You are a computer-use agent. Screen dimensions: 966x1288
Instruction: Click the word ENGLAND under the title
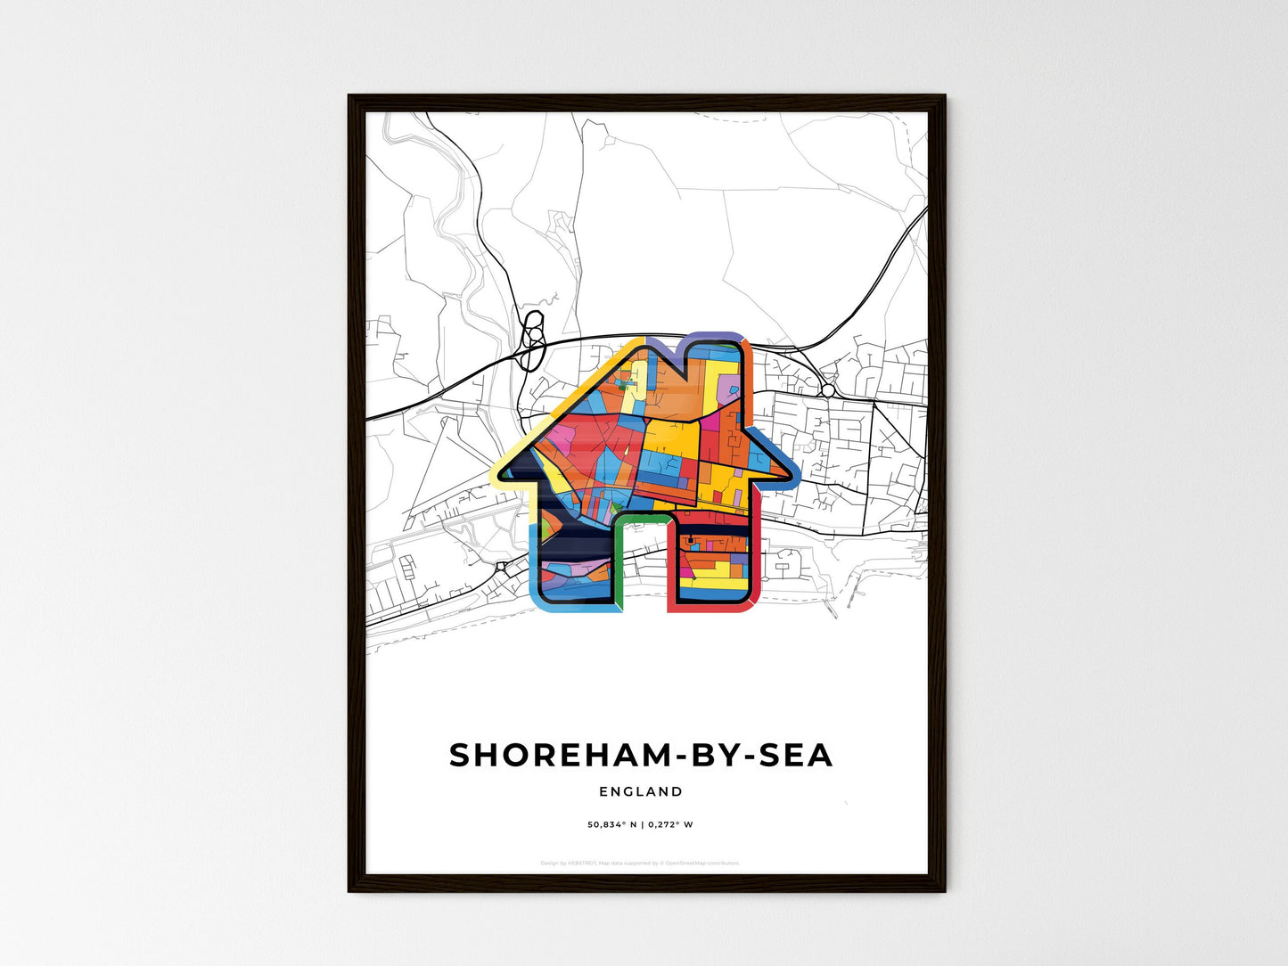pos(641,791)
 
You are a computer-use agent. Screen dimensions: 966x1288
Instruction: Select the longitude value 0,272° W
pos(669,824)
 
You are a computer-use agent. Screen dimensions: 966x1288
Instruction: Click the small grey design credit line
pos(640,863)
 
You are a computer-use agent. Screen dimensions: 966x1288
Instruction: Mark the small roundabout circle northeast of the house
pos(828,390)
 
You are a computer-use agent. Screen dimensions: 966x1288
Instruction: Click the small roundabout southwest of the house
pos(500,565)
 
